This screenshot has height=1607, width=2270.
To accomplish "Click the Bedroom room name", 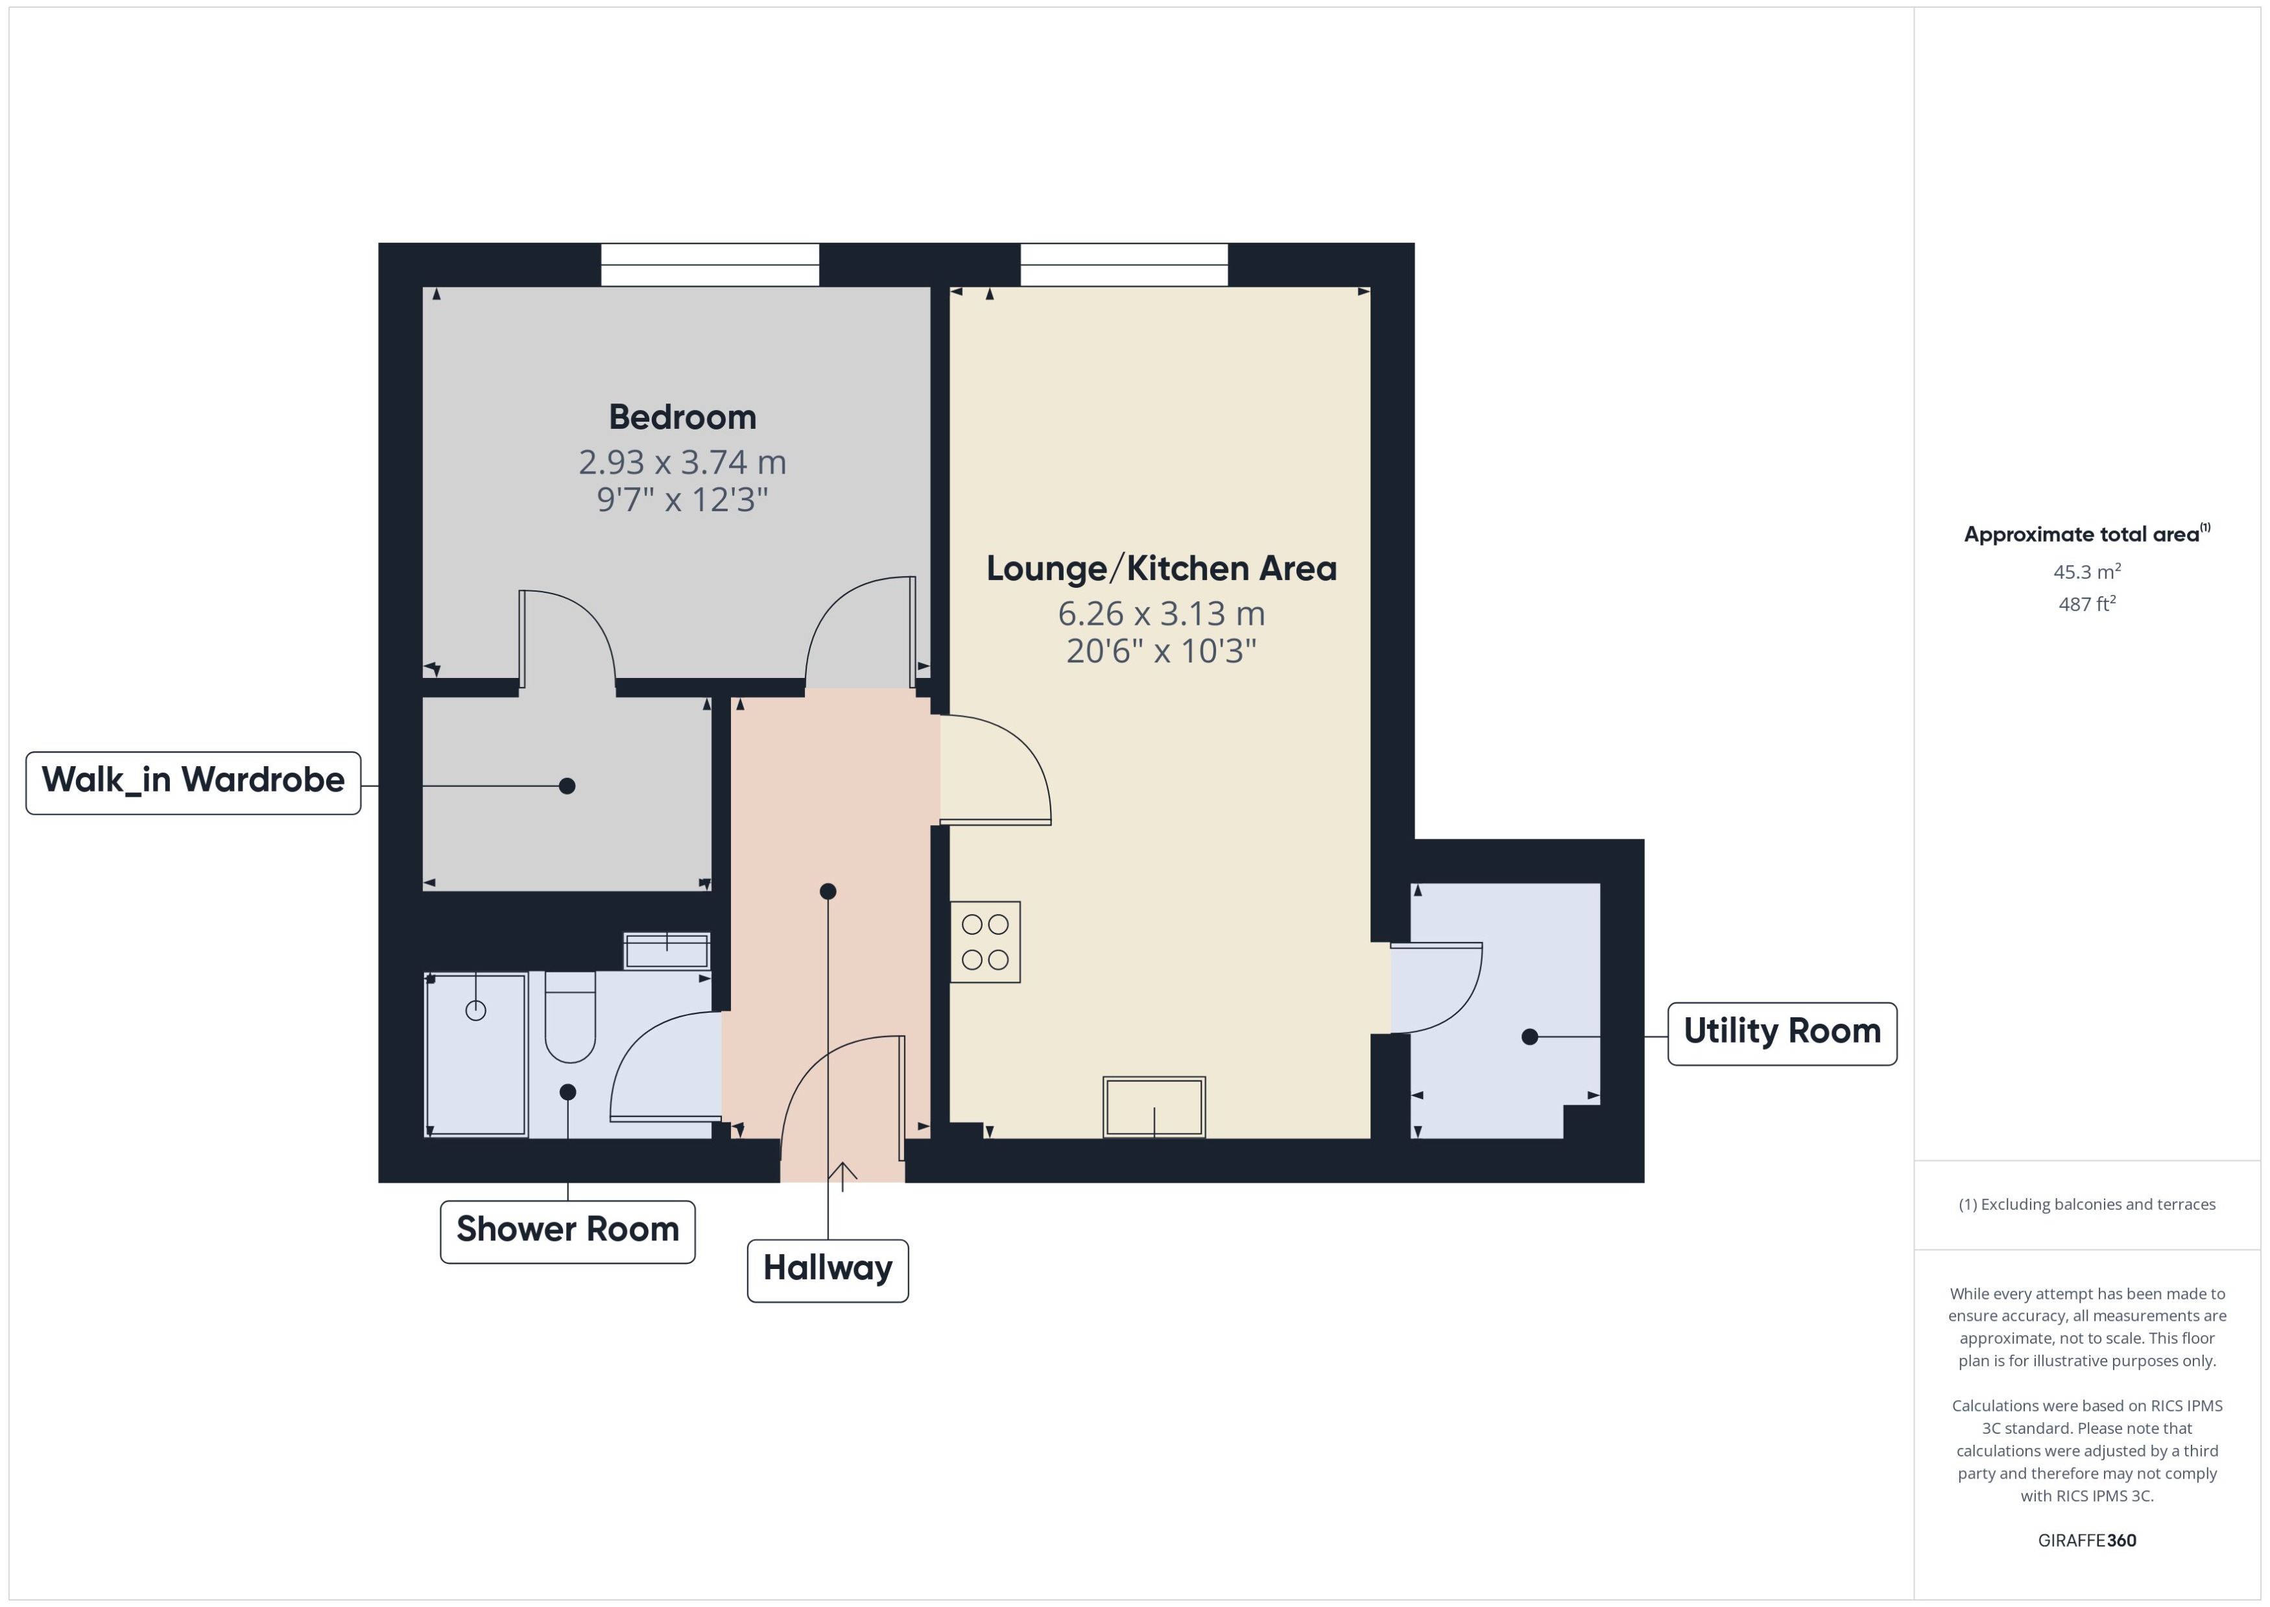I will tap(682, 417).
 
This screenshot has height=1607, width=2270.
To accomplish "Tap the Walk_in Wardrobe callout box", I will tap(193, 782).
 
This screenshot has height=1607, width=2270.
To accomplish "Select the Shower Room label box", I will tap(567, 1230).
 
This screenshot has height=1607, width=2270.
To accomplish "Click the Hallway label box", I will tap(827, 1270).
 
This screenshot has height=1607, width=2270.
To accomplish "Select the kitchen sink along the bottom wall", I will tap(1153, 1106).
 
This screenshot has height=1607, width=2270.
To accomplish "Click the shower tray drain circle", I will tap(476, 1010).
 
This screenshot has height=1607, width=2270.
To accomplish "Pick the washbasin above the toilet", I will tap(665, 952).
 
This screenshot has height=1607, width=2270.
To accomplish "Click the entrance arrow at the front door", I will tap(842, 1176).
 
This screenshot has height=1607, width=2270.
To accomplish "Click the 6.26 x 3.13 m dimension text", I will tap(1161, 614).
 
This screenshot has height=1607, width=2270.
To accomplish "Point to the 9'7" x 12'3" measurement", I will tap(682, 500).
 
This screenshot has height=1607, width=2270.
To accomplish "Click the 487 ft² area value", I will tap(2086, 603).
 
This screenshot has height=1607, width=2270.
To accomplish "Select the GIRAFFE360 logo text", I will tap(2086, 1540).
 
